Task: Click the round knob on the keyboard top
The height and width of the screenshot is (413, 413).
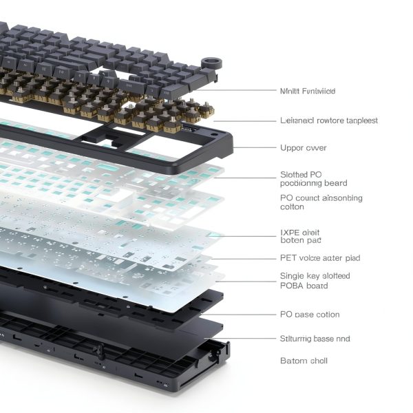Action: pos(212,63)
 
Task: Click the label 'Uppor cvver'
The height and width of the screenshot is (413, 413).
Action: pos(303,148)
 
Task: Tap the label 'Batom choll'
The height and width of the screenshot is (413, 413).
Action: pos(304,361)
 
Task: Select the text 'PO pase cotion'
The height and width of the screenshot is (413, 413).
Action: pos(310,315)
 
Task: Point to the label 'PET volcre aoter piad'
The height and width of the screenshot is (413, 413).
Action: pos(320,258)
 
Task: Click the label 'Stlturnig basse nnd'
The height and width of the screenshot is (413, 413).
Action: pos(315,339)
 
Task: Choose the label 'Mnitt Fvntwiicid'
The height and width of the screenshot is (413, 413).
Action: pos(308,91)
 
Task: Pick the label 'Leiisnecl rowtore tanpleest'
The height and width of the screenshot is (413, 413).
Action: pos(329,120)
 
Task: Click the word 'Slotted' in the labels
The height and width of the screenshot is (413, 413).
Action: pos(295,175)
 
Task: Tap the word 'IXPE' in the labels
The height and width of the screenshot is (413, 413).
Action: pos(290,233)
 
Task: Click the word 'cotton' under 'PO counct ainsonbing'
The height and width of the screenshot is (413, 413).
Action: pos(292,206)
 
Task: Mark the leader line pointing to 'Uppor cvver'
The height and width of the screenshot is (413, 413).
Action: pos(255,148)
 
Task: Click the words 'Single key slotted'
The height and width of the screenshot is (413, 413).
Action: pos(315,276)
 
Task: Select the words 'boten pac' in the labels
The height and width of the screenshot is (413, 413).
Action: pos(301,241)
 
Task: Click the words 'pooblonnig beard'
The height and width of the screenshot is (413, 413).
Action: pos(313,183)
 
